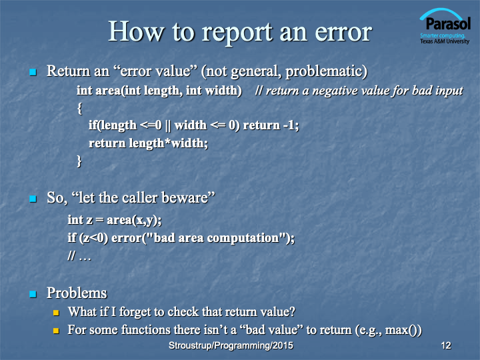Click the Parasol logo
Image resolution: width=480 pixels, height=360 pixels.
tap(445, 26)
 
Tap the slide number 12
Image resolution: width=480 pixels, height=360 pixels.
tap(446, 345)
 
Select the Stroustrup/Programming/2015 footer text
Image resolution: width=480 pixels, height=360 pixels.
tap(231, 345)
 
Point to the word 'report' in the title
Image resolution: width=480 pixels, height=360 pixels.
tap(237, 33)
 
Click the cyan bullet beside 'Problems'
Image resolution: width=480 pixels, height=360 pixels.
tap(33, 294)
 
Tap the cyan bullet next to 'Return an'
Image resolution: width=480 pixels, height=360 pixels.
tap(33, 72)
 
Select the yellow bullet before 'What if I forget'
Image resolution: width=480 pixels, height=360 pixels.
tap(56, 313)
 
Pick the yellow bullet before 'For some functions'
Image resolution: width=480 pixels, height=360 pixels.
tap(56, 331)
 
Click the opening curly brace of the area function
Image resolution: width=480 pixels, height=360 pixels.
tap(80, 109)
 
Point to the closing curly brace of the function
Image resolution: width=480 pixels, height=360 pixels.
tap(79, 161)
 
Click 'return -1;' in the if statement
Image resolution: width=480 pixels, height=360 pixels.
tap(271, 125)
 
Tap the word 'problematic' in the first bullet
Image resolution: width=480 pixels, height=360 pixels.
tap(324, 71)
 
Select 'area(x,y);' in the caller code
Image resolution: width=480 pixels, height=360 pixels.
tap(134, 220)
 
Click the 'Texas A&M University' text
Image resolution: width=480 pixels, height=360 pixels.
tap(445, 41)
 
